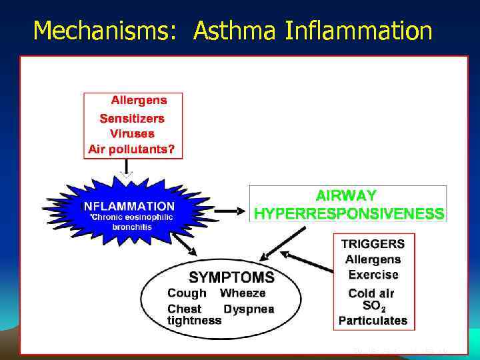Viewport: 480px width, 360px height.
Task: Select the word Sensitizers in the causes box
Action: coord(131,118)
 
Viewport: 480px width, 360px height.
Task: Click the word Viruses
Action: coord(131,133)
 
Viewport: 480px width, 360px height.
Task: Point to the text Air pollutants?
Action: coord(131,149)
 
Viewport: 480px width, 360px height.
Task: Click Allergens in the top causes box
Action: coord(139,101)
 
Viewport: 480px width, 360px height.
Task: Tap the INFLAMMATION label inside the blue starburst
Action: coord(129,207)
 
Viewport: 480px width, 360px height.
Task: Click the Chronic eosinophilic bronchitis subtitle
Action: coord(131,222)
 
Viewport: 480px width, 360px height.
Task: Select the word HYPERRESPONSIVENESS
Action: coord(349,214)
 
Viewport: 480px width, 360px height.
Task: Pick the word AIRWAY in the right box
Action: coord(346,196)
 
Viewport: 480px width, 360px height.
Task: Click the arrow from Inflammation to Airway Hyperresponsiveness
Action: coord(229,211)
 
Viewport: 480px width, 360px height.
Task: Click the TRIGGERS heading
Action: coord(373,244)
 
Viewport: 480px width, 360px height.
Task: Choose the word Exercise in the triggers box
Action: coord(373,275)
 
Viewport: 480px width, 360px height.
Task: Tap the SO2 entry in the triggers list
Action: coord(373,306)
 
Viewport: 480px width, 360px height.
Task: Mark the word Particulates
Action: coord(373,321)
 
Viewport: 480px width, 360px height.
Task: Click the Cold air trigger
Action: coord(371,293)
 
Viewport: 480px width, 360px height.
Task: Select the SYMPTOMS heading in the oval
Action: coord(231,277)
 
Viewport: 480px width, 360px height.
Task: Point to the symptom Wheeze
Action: coord(243,293)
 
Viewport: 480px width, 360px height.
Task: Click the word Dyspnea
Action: coord(249,309)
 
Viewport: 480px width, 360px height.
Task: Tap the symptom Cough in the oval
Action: coord(187,293)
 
